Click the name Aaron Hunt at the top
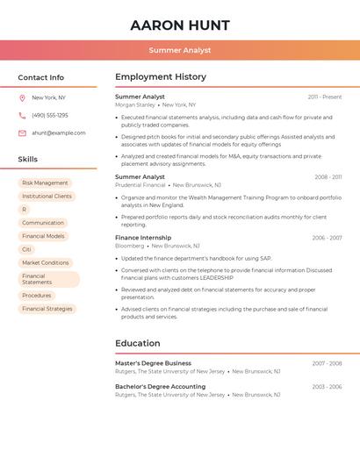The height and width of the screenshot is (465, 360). [x=180, y=25]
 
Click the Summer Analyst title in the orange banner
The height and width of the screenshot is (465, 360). [x=180, y=50]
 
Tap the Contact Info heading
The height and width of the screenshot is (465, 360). [x=41, y=77]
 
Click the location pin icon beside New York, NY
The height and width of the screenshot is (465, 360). [x=22, y=98]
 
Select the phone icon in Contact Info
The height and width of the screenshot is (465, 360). [x=22, y=116]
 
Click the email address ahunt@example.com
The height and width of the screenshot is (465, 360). [x=59, y=133]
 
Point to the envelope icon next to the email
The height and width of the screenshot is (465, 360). [x=22, y=133]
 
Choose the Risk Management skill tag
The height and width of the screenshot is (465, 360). [x=45, y=183]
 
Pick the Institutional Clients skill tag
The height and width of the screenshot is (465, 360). [x=47, y=197]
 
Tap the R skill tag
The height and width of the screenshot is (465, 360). [x=25, y=210]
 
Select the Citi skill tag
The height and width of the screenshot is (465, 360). [x=26, y=249]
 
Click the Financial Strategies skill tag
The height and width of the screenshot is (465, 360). [x=47, y=309]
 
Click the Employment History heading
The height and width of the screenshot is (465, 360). [x=161, y=77]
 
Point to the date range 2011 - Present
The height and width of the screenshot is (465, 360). [x=325, y=97]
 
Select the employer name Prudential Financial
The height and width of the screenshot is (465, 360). [x=140, y=185]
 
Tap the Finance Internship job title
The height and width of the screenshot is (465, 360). [x=143, y=238]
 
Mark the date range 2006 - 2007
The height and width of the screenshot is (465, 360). [x=327, y=238]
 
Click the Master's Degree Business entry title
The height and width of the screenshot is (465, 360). [x=153, y=363]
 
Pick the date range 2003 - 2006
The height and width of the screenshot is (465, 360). [x=327, y=387]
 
